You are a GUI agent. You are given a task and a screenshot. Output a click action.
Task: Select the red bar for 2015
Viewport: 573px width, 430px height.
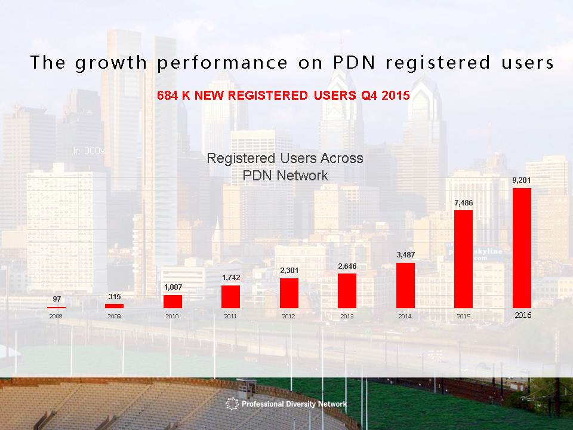[x=463, y=259]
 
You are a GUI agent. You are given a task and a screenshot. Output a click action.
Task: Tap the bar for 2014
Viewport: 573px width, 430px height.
[x=405, y=285]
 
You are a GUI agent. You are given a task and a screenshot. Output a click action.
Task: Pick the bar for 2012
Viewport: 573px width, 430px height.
[x=289, y=293]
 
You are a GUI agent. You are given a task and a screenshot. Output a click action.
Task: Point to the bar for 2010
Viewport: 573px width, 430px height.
[x=172, y=302]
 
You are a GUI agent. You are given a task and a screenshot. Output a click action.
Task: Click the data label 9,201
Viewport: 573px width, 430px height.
[x=522, y=180]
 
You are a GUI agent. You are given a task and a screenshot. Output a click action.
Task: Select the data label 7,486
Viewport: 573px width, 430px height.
[x=463, y=203]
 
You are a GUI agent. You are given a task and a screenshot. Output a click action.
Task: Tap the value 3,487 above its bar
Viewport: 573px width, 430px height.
[x=405, y=255]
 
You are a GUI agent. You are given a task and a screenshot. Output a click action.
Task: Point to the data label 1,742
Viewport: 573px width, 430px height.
[x=230, y=277]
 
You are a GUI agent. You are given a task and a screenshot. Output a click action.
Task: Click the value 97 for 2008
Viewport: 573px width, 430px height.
[x=56, y=299]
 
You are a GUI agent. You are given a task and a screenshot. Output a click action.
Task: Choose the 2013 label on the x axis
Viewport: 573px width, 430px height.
[x=347, y=317]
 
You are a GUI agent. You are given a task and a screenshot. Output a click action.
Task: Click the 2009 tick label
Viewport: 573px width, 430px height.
[x=114, y=317]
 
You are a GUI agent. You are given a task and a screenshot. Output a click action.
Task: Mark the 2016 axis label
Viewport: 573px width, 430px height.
[x=523, y=315]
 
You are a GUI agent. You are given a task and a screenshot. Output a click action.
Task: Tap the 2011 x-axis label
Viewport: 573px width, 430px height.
[x=230, y=317]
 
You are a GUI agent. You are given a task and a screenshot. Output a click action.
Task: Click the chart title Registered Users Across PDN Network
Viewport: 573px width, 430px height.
[x=285, y=167]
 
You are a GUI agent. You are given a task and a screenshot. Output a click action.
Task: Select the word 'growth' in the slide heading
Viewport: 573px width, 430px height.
[x=112, y=62]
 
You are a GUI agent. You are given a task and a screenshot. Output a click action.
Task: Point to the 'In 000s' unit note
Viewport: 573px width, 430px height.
[x=89, y=151]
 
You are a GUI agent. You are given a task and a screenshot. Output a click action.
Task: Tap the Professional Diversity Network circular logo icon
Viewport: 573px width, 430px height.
[x=232, y=404]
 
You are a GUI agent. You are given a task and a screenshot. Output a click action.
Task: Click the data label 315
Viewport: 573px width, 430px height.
[x=114, y=296]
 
